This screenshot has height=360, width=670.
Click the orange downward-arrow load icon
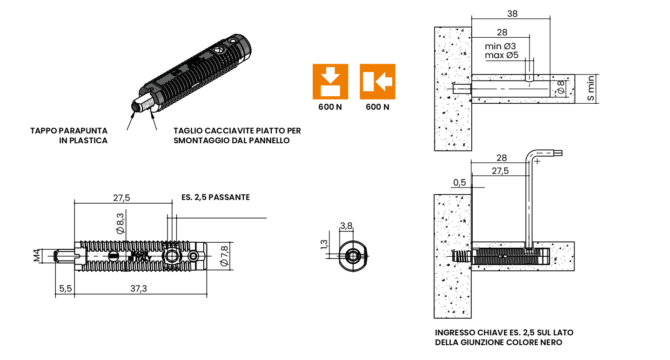[x=330, y=81]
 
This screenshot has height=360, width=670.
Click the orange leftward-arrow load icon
[x=377, y=81]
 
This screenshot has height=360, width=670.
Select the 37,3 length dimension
[x=139, y=288]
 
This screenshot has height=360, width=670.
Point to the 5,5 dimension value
[x=65, y=288]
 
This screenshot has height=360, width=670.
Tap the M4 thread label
[x=37, y=255]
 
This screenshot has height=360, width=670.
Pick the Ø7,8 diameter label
[x=225, y=256]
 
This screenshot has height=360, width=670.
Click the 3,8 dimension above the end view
[x=346, y=226]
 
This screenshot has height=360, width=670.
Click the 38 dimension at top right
[x=512, y=14]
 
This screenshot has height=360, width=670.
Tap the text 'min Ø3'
[x=500, y=46]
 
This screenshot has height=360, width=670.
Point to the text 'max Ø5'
[x=502, y=55]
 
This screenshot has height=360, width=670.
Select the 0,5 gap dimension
[x=459, y=182]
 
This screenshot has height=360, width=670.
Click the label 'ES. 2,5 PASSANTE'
[x=215, y=197]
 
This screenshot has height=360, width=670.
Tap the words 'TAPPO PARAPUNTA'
[x=69, y=131]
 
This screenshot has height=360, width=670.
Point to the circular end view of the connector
[x=352, y=256]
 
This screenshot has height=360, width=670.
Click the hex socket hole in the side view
[x=170, y=256]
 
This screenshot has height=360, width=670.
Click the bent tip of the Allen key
[x=558, y=153]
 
